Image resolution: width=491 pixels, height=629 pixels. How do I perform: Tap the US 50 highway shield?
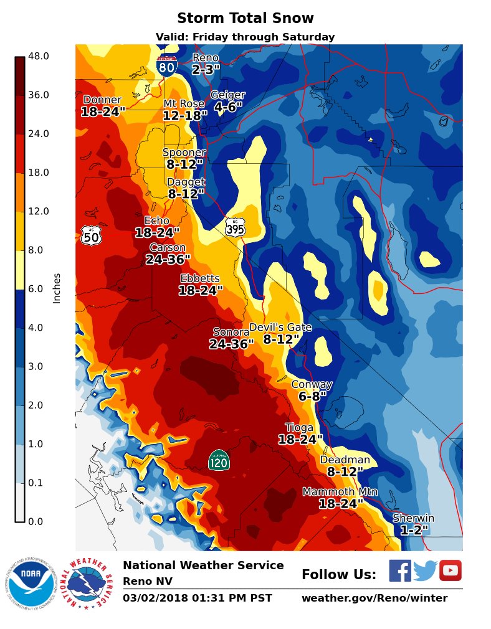pyautogui.click(x=90, y=235)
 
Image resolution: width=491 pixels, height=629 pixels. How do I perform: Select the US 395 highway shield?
pyautogui.click(x=235, y=227)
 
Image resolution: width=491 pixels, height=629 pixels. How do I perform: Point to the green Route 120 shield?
pyautogui.click(x=219, y=460)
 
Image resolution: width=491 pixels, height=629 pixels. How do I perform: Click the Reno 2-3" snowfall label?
pyautogui.click(x=206, y=64)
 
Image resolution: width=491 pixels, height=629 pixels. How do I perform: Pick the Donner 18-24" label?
pyautogui.click(x=103, y=106)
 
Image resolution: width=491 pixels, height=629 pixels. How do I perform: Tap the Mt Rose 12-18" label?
pyautogui.click(x=185, y=110)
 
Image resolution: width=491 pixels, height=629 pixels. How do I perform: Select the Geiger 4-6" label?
pyautogui.click(x=227, y=101)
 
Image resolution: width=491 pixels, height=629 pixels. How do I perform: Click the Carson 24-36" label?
pyautogui.click(x=168, y=253)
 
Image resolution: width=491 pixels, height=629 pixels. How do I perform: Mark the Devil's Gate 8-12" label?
pyautogui.click(x=280, y=334)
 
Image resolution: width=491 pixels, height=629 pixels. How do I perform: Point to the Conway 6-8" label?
pyautogui.click(x=312, y=390)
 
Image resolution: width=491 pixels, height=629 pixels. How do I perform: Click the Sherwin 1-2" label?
pyautogui.click(x=414, y=524)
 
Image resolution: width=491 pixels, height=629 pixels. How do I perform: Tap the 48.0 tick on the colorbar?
pyautogui.click(x=39, y=56)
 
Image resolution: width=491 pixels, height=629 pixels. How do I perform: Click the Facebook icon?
pyautogui.click(x=400, y=570)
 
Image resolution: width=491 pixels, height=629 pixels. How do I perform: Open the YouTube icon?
pyautogui.click(x=450, y=570)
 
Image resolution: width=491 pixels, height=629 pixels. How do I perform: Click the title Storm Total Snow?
pyautogui.click(x=245, y=19)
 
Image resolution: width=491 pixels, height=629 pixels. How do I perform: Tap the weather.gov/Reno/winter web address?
pyautogui.click(x=374, y=598)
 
